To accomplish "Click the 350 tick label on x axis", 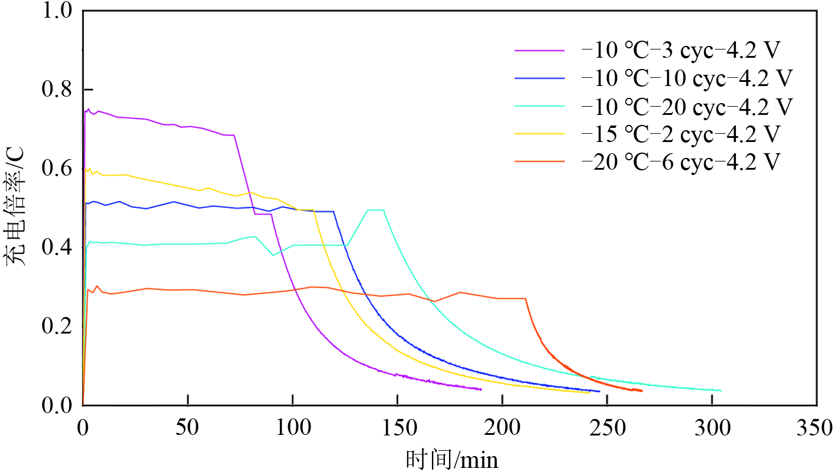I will [817, 427].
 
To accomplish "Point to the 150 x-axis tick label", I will [397, 427].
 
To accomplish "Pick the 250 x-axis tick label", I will [607, 427].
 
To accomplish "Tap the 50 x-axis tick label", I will [187, 427].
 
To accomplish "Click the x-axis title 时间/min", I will [452, 459].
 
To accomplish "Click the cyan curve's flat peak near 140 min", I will [376, 210].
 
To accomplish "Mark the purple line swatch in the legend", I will [539, 51].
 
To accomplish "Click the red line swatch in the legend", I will [539, 161].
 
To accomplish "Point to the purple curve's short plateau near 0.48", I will [263, 214].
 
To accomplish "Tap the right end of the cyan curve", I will [720, 391].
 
